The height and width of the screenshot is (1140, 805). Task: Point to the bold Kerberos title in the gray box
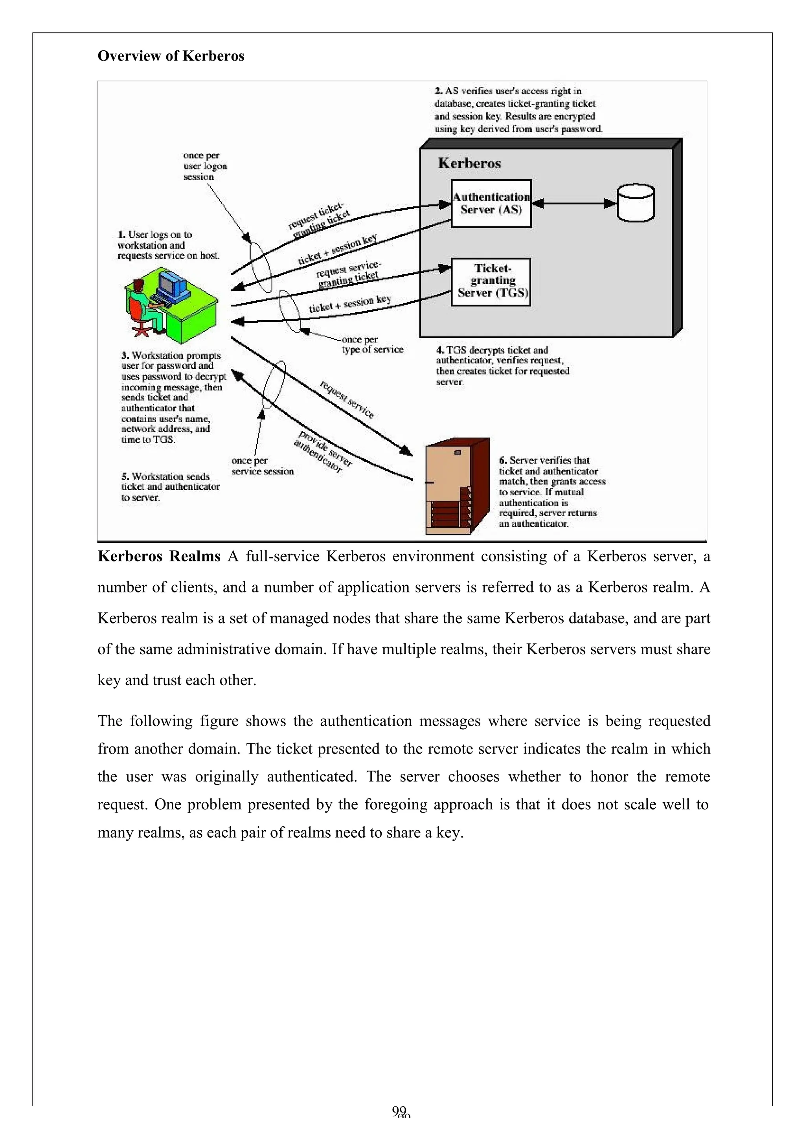click(x=469, y=164)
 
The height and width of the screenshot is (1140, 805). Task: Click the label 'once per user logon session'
click(x=205, y=166)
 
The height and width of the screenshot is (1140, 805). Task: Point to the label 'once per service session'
click(x=262, y=466)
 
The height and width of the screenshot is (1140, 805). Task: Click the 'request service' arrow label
click(x=347, y=400)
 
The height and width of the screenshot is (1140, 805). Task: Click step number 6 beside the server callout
click(x=503, y=460)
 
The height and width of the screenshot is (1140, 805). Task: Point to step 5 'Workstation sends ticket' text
click(x=170, y=487)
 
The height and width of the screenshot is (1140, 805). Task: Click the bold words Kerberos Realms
click(x=159, y=556)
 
